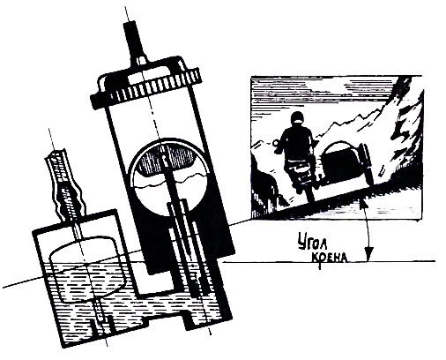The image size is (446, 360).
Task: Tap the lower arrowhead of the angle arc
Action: [368, 255]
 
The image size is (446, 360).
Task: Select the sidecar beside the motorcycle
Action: [346, 163]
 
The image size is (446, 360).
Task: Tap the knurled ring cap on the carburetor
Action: [145, 87]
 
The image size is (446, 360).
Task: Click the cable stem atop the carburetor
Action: [134, 41]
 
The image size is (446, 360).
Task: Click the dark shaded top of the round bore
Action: [167, 160]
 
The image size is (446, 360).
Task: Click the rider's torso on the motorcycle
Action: [297, 144]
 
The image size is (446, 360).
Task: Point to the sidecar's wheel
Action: [368, 165]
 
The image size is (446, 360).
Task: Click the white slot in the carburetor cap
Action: [136, 79]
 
